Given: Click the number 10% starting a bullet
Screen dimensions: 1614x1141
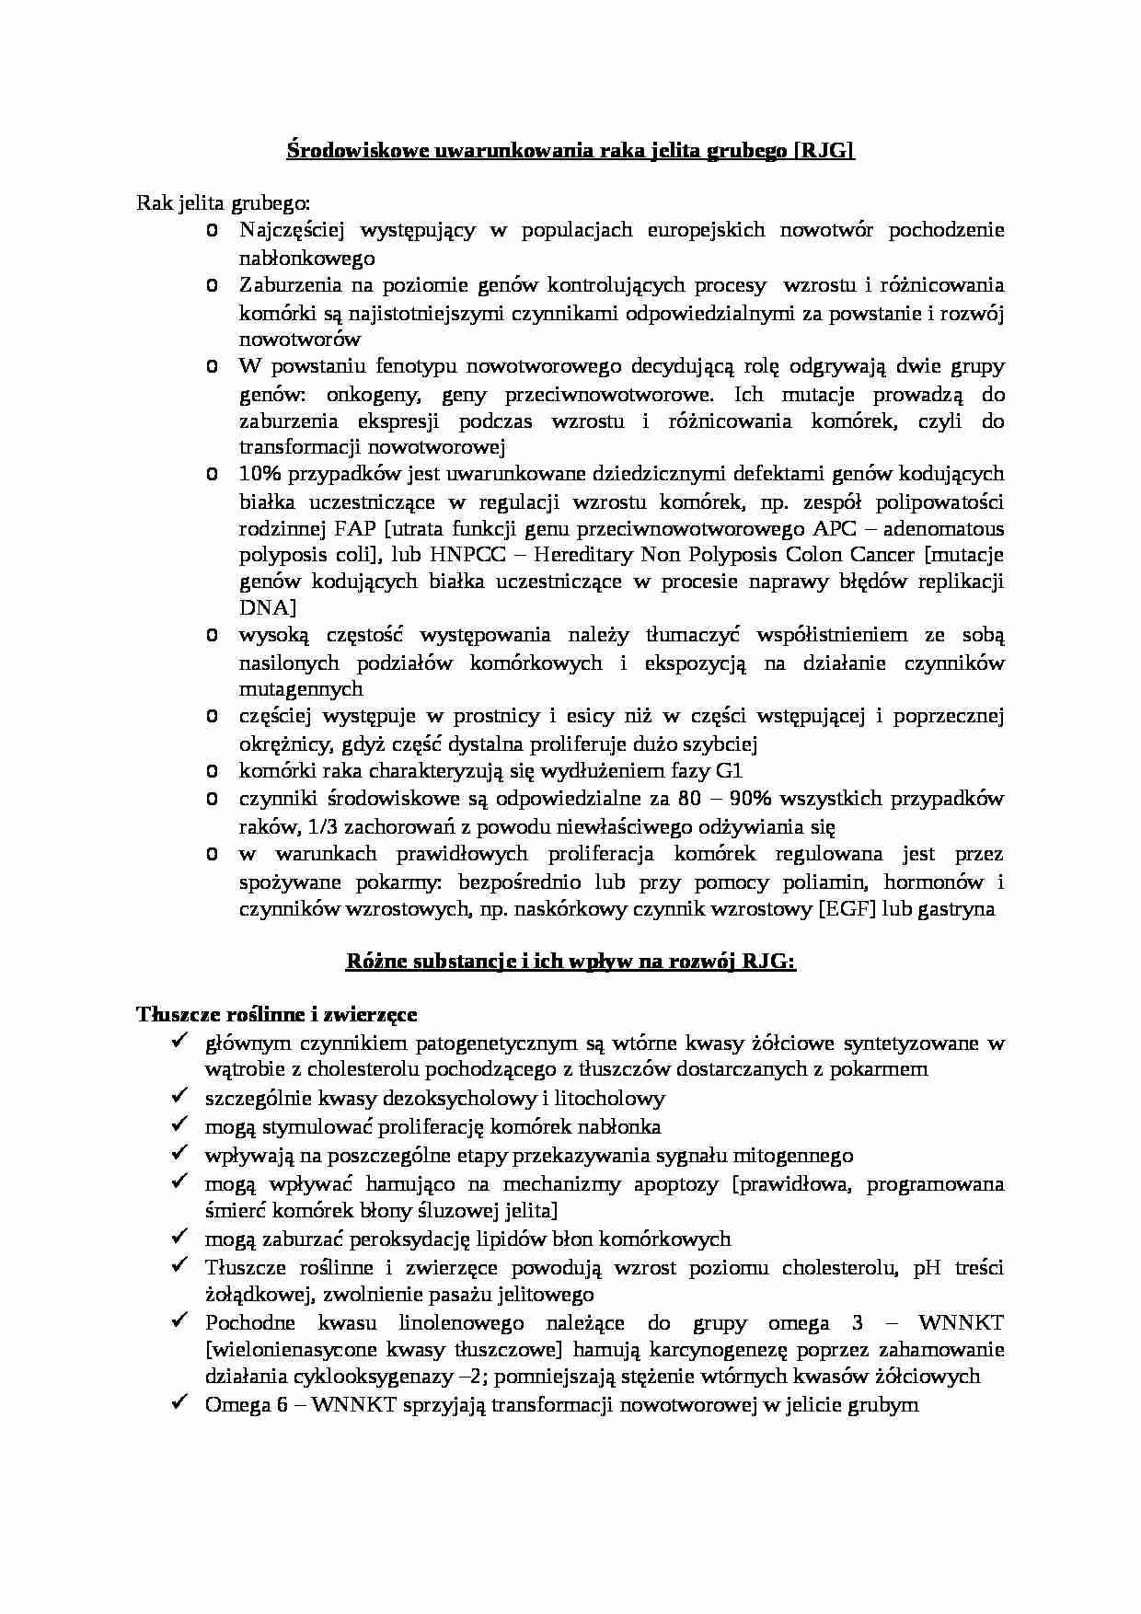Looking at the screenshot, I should point(260,474).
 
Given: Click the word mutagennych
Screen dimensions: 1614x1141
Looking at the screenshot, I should point(301,688).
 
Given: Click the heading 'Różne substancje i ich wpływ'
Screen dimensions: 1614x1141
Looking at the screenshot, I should point(570,962).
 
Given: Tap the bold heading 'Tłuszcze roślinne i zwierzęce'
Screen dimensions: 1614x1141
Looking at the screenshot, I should point(277,1014).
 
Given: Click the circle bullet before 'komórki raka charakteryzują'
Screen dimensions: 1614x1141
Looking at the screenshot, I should point(213,770).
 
